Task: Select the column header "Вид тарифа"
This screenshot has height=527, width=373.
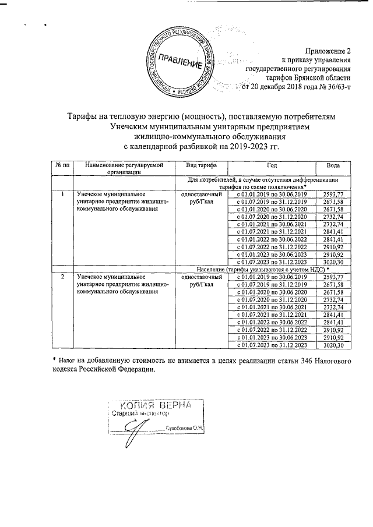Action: tap(200, 165)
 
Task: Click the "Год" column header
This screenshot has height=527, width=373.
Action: tap(271, 165)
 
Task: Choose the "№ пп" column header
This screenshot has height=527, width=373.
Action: tap(62, 165)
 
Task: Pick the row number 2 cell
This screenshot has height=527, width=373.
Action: tap(62, 278)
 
